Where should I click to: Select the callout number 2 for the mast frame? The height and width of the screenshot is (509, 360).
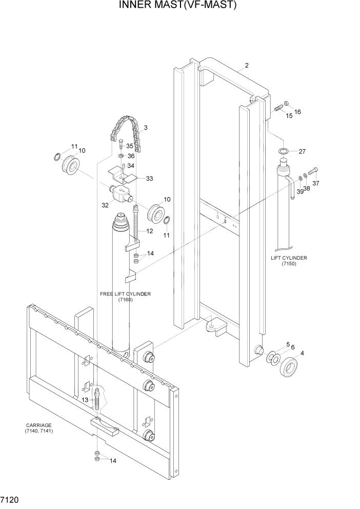tap(246, 65)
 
